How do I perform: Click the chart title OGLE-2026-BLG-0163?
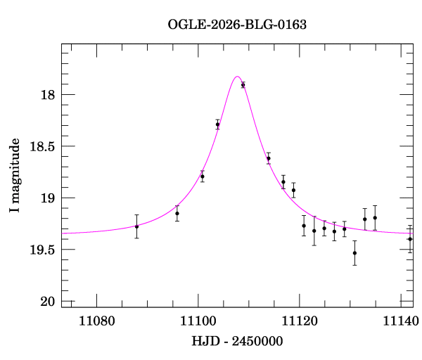[237, 25]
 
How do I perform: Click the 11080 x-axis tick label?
[96, 321]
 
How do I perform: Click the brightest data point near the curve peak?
[243, 85]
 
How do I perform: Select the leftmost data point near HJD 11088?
[136, 226]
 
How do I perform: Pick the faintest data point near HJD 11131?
[354, 253]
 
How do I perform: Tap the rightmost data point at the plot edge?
[410, 239]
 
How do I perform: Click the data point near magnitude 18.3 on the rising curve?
[217, 124]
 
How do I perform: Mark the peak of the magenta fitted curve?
[237, 77]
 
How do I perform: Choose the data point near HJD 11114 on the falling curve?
[268, 158]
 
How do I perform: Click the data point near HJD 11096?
[177, 213]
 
